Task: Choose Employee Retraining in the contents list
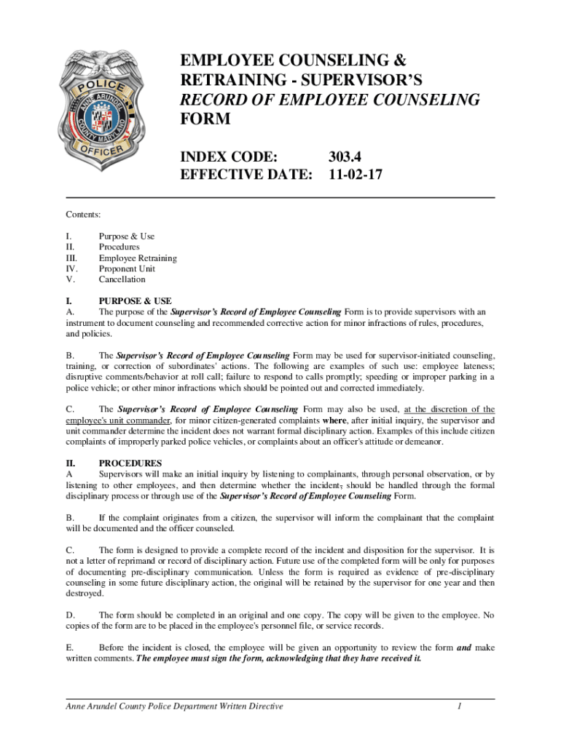click(138, 258)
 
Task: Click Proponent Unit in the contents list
click(127, 268)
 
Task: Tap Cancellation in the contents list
click(122, 279)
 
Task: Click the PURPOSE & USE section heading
click(135, 301)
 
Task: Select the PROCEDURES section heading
click(130, 463)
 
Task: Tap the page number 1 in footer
click(460, 706)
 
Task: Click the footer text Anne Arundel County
click(109, 706)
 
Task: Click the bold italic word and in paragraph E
click(463, 648)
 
